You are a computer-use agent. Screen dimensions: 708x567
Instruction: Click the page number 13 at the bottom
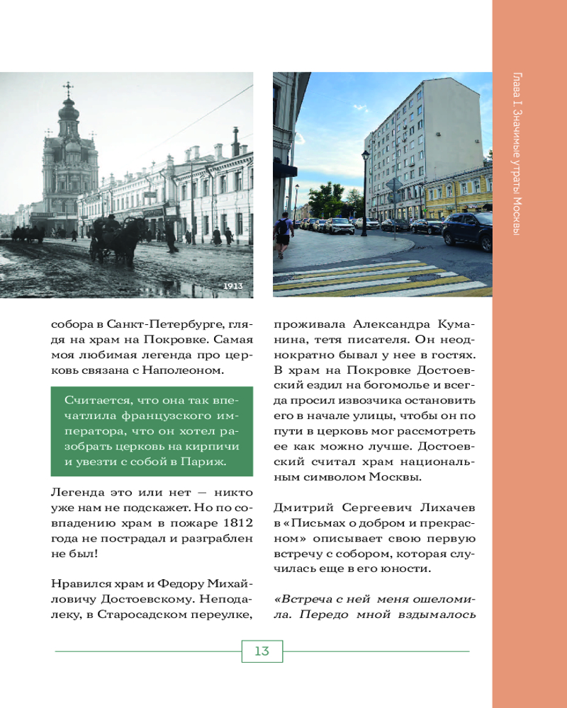pyautogui.click(x=262, y=651)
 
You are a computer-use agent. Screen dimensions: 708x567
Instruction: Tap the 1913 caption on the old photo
pyautogui.click(x=233, y=286)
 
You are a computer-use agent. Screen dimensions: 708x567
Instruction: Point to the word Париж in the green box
pyautogui.click(x=206, y=462)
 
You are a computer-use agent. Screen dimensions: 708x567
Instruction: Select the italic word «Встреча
pyautogui.click(x=300, y=598)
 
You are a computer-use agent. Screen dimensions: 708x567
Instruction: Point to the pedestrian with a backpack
pyautogui.click(x=283, y=232)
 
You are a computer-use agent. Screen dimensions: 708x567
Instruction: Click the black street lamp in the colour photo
pyautogui.click(x=365, y=184)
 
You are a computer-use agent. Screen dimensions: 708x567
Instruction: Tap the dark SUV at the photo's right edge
pyautogui.click(x=468, y=230)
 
